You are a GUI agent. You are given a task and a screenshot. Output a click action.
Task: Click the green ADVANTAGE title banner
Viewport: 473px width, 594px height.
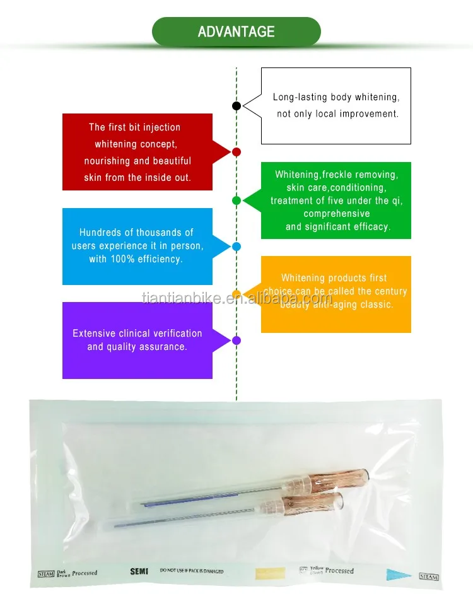237,32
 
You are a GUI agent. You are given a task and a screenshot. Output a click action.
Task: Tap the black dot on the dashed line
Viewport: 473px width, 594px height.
237,106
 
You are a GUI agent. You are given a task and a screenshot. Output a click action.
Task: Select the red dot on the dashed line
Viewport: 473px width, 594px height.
237,152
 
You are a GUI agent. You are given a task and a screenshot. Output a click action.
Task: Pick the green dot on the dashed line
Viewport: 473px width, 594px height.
237,201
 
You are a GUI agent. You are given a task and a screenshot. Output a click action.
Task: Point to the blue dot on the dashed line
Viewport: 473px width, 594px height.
237,247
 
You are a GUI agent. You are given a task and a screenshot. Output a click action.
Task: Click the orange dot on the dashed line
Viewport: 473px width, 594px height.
237,294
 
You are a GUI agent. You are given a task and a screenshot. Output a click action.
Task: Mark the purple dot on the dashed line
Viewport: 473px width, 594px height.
237,341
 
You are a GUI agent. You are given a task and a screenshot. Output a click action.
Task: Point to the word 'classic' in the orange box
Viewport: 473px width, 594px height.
377,305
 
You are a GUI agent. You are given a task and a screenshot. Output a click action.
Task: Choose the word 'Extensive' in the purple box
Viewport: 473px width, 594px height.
94,333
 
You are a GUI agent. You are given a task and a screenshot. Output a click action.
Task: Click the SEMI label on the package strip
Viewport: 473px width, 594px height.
139,571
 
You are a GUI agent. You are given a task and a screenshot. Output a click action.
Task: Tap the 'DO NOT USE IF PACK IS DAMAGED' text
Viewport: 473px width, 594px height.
192,571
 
